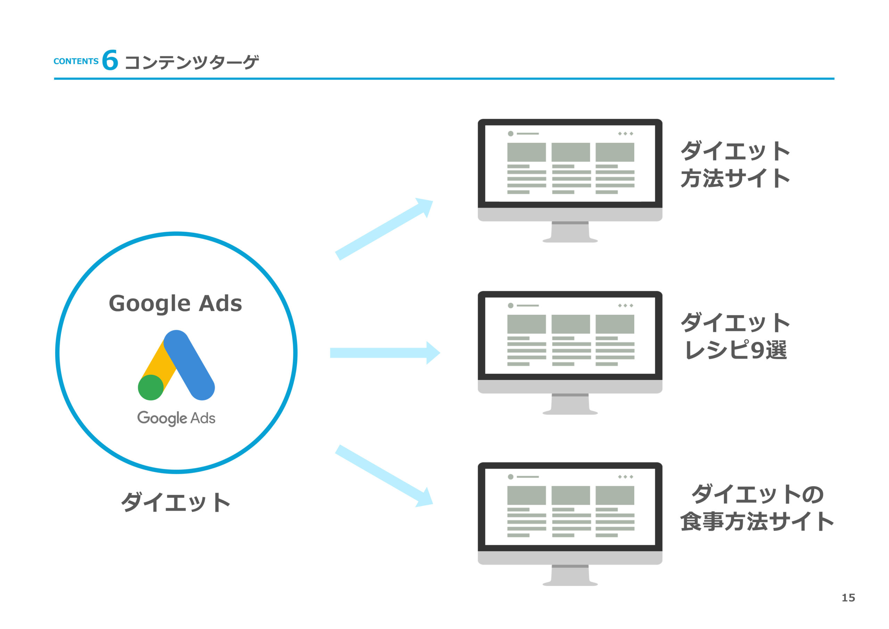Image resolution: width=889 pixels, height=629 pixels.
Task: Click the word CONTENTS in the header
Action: pyautogui.click(x=76, y=61)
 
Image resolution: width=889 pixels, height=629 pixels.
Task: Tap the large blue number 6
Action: pyautogui.click(x=110, y=60)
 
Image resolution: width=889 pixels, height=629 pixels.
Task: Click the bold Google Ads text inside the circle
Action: pyautogui.click(x=175, y=303)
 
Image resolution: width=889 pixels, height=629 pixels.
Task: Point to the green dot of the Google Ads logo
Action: pyautogui.click(x=151, y=387)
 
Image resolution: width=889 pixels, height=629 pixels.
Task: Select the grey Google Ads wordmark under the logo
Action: pyautogui.click(x=176, y=418)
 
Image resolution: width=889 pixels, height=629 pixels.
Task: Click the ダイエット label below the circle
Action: pyautogui.click(x=176, y=502)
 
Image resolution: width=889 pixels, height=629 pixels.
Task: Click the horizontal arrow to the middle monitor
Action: pyautogui.click(x=384, y=353)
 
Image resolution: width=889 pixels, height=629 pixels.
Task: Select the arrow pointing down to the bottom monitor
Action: pyautogui.click(x=383, y=475)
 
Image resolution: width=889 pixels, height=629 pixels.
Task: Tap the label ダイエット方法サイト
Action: pyautogui.click(x=735, y=164)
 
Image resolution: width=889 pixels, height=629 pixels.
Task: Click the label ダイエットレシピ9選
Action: pyautogui.click(x=735, y=336)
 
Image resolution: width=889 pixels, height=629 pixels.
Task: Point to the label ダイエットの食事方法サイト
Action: pyautogui.click(x=757, y=507)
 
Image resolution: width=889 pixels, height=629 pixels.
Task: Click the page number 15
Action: pyautogui.click(x=848, y=598)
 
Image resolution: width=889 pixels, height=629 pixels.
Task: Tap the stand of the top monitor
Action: pyautogui.click(x=570, y=233)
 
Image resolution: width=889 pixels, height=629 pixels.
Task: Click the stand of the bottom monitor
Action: pyautogui.click(x=570, y=576)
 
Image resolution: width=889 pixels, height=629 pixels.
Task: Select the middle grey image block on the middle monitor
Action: pyautogui.click(x=570, y=324)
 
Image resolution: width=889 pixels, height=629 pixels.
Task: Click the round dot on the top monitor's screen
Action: pyautogui.click(x=511, y=134)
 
